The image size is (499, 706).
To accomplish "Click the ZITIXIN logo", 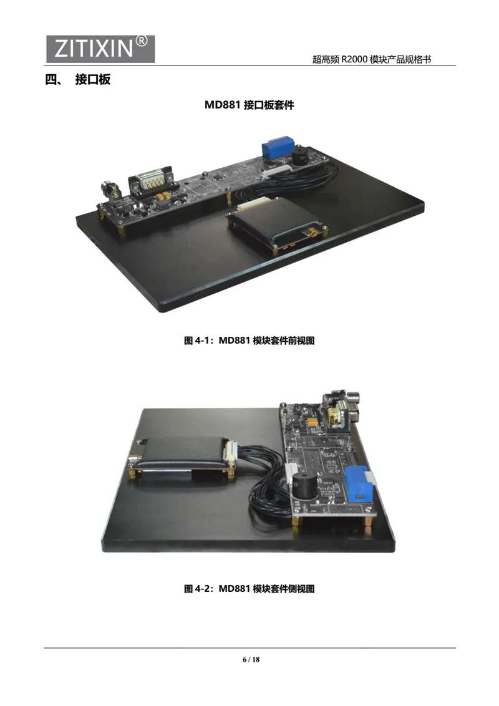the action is pyautogui.click(x=100, y=49).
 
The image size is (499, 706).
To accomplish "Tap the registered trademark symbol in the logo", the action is pyautogui.click(x=142, y=42).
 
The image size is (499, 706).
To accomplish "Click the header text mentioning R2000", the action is pyautogui.click(x=372, y=59).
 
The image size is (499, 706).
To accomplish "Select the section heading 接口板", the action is pyautogui.click(x=93, y=80).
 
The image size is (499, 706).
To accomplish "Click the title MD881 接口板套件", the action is pyautogui.click(x=249, y=105).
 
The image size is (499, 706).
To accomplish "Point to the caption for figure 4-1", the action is pyautogui.click(x=249, y=341).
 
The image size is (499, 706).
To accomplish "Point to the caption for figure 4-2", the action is pyautogui.click(x=249, y=589).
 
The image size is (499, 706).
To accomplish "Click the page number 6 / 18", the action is pyautogui.click(x=251, y=659).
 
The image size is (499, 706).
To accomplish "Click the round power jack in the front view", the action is pyautogui.click(x=110, y=189).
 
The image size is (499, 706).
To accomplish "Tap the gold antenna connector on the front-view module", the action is pyautogui.click(x=312, y=233).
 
